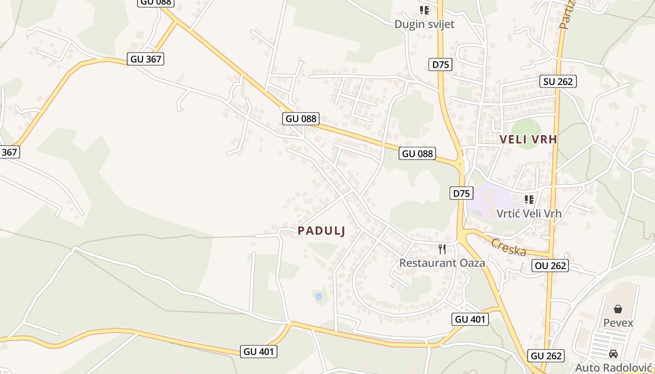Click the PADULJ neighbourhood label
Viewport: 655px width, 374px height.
[321, 231]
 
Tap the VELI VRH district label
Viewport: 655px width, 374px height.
[528, 139]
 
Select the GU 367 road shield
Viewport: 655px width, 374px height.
[146, 59]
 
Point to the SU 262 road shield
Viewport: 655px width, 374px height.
[558, 81]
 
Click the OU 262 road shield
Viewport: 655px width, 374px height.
[550, 266]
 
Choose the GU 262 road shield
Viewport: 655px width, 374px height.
[546, 356]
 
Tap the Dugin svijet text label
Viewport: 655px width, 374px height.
[424, 24]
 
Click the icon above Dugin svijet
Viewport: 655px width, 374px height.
[424, 10]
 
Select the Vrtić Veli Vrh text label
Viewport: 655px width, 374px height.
[529, 213]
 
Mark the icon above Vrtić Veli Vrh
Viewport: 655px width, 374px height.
[529, 200]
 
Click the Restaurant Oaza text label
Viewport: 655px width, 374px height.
[442, 263]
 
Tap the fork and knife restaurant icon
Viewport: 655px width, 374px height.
[442, 249]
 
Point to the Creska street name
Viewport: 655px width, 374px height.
[508, 247]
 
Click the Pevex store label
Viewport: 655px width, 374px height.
[618, 323]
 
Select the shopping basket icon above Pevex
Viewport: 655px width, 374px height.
[618, 309]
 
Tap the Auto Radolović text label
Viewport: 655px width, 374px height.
[613, 367]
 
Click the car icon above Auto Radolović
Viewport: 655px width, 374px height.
[613, 354]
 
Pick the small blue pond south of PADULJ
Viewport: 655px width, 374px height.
[319, 296]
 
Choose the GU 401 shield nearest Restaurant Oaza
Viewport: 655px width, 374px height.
[470, 319]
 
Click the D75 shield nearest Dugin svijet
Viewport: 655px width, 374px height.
[440, 65]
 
